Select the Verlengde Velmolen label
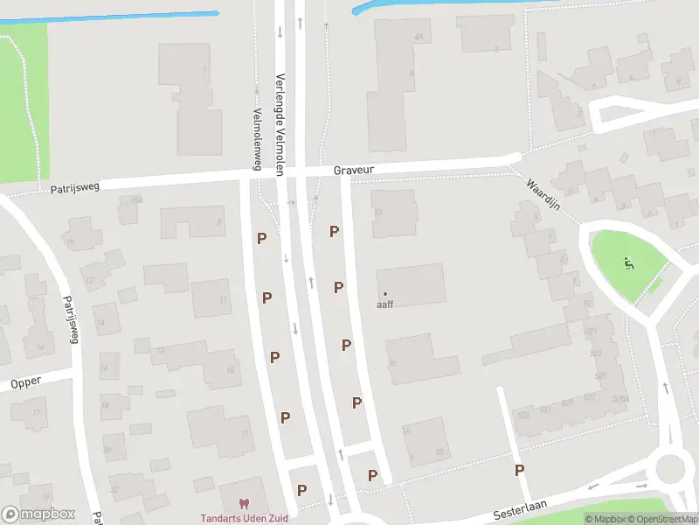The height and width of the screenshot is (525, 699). click(281, 124)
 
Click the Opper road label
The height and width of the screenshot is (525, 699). click(26, 383)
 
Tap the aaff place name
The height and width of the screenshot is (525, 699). click(385, 304)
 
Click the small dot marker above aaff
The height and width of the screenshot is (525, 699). click(385, 293)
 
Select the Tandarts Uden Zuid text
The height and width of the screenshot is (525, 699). click(244, 518)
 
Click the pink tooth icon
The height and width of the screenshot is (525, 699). click(244, 503)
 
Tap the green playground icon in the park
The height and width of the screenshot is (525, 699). click(629, 262)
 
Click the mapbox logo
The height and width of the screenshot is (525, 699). click(38, 514)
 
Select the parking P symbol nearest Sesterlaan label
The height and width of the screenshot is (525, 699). click(520, 471)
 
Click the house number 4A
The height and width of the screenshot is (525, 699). click(419, 37)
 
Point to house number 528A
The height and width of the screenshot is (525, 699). click(621, 398)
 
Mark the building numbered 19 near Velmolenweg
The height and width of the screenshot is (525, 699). click(245, 433)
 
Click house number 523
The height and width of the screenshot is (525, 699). click(596, 353)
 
